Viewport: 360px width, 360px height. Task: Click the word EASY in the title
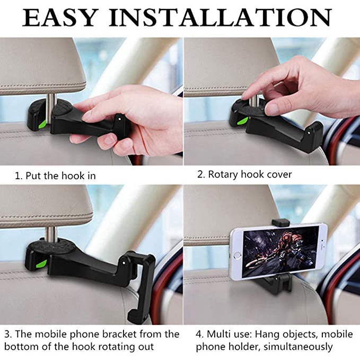[x=59, y=17]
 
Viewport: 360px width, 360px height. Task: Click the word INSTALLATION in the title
[x=221, y=17]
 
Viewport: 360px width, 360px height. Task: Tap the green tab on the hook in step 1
[x=43, y=125]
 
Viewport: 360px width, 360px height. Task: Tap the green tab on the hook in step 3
[x=41, y=264]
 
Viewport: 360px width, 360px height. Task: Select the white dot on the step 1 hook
[x=119, y=119]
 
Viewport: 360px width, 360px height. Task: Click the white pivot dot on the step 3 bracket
[x=124, y=262]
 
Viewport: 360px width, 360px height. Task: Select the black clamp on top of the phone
[x=279, y=222]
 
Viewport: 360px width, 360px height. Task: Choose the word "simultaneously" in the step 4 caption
[x=298, y=347]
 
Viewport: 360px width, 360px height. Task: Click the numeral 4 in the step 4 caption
[x=199, y=335]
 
